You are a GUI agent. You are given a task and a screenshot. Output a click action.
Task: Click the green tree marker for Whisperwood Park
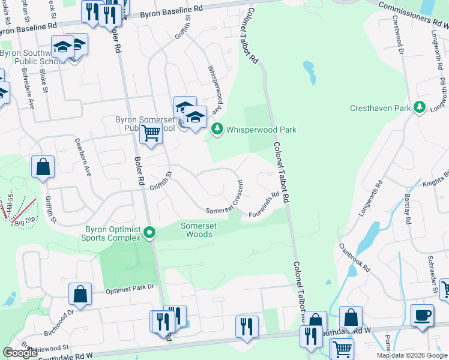point(217,129)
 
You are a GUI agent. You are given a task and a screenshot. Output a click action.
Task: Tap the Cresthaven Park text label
point(381,109)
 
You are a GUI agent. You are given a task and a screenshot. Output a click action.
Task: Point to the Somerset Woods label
point(196,230)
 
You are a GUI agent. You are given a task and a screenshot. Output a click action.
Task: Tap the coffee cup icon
point(423,315)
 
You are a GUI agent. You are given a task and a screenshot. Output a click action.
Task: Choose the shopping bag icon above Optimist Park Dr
point(80,294)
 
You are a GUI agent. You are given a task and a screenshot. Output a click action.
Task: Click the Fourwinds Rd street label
point(264,205)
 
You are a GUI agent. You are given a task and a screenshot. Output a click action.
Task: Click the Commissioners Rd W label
point(414,12)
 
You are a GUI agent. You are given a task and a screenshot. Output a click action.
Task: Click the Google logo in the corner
point(20,353)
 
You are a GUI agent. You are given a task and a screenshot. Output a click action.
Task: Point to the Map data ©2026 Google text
point(412,355)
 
